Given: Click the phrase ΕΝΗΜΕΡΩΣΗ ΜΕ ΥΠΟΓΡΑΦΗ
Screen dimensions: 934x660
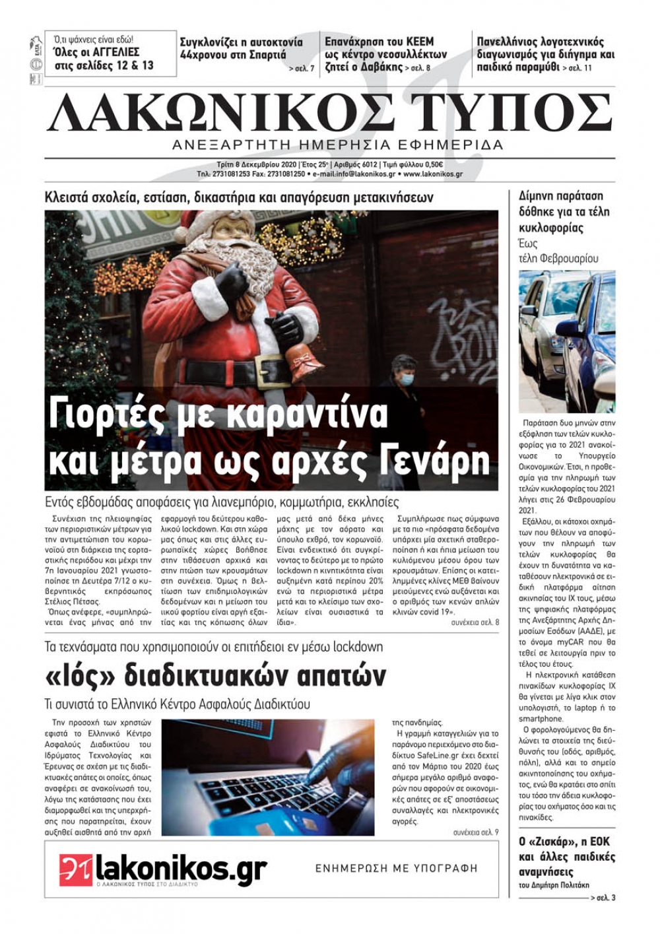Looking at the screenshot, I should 396,868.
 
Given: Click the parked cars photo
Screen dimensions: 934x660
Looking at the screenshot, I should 567,341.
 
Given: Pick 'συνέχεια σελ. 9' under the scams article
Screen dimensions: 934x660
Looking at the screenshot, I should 476,832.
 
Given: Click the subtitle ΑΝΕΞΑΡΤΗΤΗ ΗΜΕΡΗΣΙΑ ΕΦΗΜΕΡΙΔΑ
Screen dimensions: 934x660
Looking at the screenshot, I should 337,145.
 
